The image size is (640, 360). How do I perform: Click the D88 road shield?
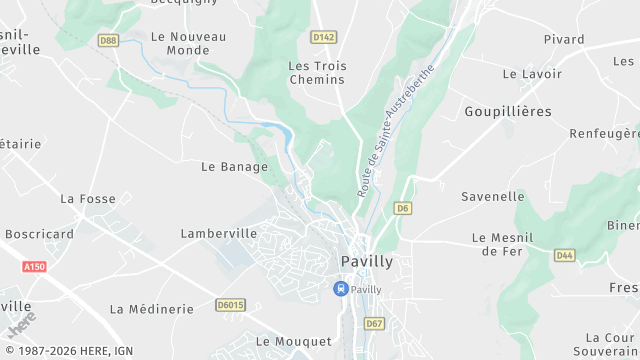coord(108,40)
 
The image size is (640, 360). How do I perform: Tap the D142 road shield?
coord(322,37)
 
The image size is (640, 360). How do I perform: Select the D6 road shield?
coord(402,208)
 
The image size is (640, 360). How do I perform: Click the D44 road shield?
coord(565,256)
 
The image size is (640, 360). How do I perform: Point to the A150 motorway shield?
coord(34,267)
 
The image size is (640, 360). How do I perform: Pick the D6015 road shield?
coord(231,304)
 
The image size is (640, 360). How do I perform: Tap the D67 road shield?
coord(374,324)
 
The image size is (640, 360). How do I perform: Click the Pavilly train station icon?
coord(340,289)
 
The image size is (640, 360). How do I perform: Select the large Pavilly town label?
coord(367,261)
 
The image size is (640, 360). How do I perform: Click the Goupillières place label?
coord(508,111)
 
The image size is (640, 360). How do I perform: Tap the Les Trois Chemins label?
coord(317,73)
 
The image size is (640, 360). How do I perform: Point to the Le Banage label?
coord(235,167)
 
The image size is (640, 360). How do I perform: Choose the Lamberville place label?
coord(219,233)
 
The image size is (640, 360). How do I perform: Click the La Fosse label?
coord(88,199)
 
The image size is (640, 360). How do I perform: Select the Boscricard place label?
coord(40,234)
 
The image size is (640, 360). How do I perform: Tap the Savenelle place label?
coord(493,197)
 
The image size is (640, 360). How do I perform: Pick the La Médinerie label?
coord(151,309)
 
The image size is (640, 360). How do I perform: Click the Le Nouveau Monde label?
coord(188,43)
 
